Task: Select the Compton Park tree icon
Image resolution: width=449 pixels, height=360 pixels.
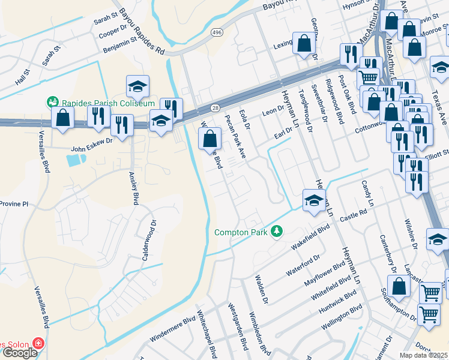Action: (x=277, y=232)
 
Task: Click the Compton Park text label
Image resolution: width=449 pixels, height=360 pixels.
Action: (x=243, y=232)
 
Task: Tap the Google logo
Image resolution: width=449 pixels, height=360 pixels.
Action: (x=19, y=353)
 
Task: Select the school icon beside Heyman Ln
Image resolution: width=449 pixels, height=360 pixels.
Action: (x=314, y=201)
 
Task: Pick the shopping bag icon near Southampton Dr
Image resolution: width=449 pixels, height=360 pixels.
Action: (x=399, y=286)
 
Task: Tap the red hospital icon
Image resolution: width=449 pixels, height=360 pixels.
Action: (x=38, y=344)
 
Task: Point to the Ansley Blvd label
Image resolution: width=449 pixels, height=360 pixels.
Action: (x=134, y=188)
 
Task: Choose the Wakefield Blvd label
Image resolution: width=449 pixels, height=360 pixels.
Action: (x=310, y=237)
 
